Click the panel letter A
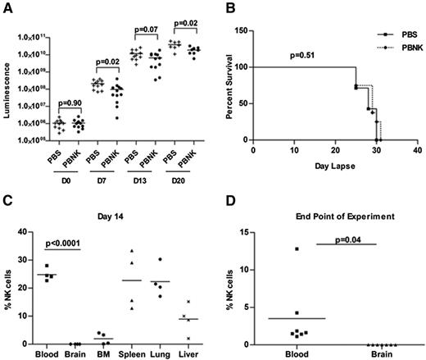pos(7,7)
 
